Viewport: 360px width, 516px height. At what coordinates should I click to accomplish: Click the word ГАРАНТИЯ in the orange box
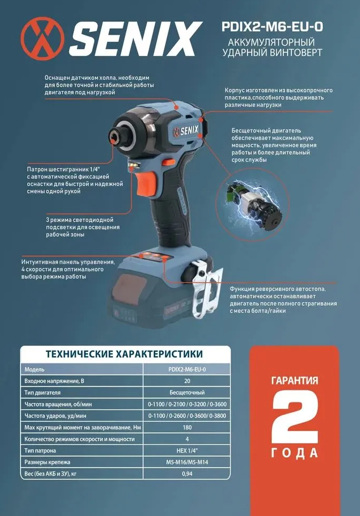(x=295, y=380)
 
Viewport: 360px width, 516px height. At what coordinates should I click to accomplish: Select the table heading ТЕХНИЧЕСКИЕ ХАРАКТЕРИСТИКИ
(x=125, y=353)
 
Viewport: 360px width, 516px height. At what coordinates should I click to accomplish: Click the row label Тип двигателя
(x=43, y=392)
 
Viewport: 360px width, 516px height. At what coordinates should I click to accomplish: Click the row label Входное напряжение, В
(x=54, y=381)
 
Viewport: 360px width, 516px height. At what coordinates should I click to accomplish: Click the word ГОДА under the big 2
(x=295, y=453)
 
